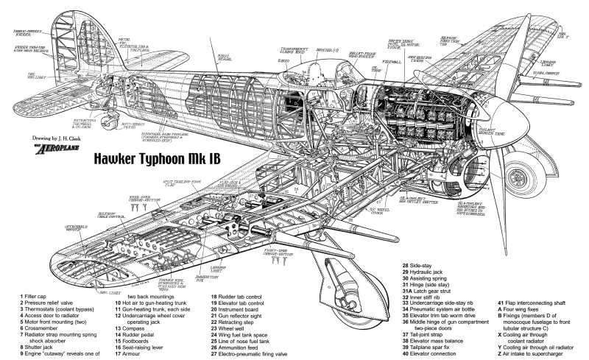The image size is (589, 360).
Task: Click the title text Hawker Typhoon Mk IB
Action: coord(158,159)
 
